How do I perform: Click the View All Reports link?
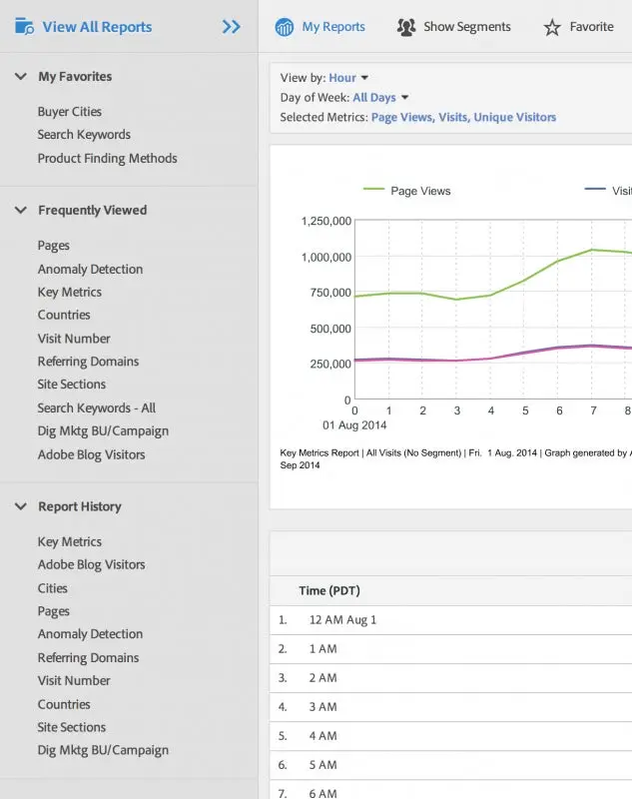tap(97, 27)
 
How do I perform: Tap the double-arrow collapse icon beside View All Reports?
tap(232, 27)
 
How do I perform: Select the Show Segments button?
tap(454, 27)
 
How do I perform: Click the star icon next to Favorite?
tap(552, 28)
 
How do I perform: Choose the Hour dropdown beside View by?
tap(348, 78)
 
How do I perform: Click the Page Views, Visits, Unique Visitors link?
tap(463, 117)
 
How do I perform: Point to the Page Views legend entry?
tap(419, 191)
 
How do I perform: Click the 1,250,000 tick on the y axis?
tap(325, 221)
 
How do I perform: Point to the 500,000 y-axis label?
tap(330, 329)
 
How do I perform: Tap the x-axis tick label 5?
tap(525, 410)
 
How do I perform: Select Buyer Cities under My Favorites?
tap(70, 112)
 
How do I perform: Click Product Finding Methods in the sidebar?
tap(107, 158)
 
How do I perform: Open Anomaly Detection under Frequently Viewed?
tap(90, 269)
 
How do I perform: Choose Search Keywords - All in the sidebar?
tap(97, 407)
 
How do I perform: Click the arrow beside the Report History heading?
tap(20, 506)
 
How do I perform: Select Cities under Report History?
tap(53, 588)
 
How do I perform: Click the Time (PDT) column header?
tap(330, 591)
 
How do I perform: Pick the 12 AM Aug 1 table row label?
tap(342, 620)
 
